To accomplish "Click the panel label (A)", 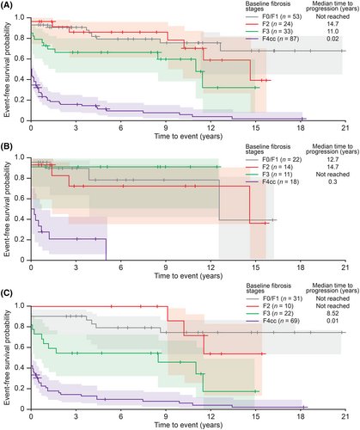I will tap(8, 5).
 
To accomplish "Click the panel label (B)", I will tap(8, 150).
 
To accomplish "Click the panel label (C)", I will tap(8, 293).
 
